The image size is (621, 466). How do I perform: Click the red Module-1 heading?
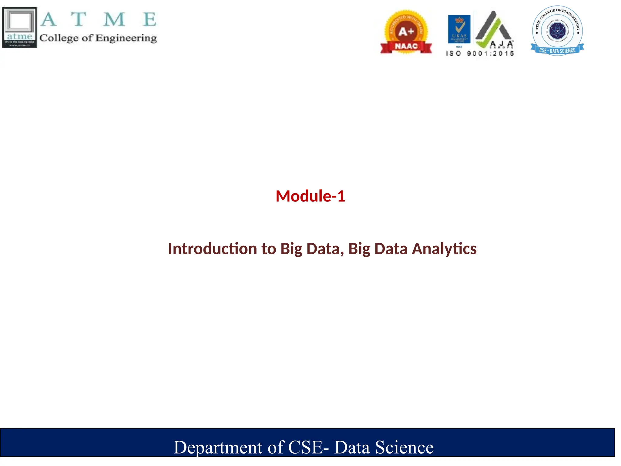[310, 196]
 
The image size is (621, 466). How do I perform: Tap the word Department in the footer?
[218, 447]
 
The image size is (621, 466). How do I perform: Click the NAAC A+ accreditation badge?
[406, 32]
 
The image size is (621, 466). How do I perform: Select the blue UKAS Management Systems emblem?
[459, 29]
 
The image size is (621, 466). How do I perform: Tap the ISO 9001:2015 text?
[480, 54]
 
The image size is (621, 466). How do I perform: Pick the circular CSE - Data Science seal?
[557, 30]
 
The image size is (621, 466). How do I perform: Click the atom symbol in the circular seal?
[557, 31]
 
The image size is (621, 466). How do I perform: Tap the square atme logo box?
[20, 28]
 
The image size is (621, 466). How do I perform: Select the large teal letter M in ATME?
[114, 19]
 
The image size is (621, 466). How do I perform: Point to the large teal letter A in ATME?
[49, 19]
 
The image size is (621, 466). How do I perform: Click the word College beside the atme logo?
[59, 38]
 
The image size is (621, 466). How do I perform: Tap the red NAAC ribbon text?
[406, 46]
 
